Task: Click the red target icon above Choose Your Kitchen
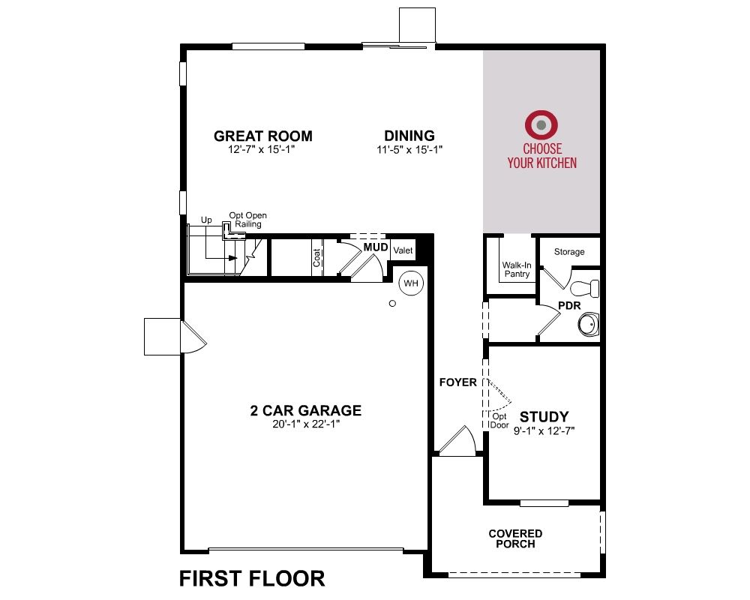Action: pyautogui.click(x=541, y=125)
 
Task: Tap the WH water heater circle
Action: pyautogui.click(x=411, y=283)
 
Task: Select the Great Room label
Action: pyautogui.click(x=263, y=136)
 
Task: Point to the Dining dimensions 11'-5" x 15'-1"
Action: pyautogui.click(x=409, y=150)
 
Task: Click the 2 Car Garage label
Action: pyautogui.click(x=306, y=410)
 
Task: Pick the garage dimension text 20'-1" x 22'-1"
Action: pyautogui.click(x=306, y=424)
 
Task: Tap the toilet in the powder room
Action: pyautogui.click(x=584, y=289)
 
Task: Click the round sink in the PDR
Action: pyautogui.click(x=588, y=325)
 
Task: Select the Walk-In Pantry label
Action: pyautogui.click(x=517, y=269)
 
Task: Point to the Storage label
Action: pyautogui.click(x=569, y=252)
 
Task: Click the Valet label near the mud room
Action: pyautogui.click(x=403, y=250)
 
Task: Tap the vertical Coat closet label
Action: pyautogui.click(x=316, y=258)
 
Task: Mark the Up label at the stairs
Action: pyautogui.click(x=206, y=220)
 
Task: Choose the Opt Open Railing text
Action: pyautogui.click(x=247, y=220)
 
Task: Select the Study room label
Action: pyautogui.click(x=544, y=416)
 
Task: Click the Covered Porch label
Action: pyautogui.click(x=515, y=538)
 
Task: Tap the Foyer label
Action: pyautogui.click(x=458, y=382)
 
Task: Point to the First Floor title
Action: pyautogui.click(x=252, y=578)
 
